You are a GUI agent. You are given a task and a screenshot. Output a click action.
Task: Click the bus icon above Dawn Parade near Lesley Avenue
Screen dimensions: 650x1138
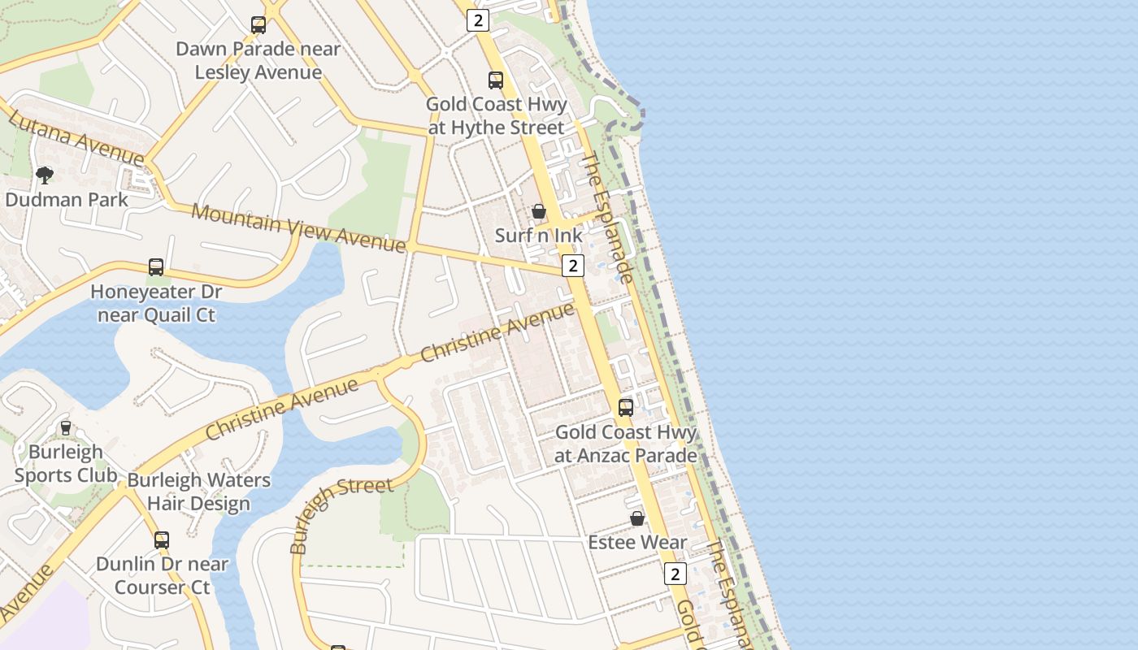tap(258, 25)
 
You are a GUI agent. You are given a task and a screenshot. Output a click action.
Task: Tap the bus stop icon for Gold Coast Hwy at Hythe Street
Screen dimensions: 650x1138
tap(496, 80)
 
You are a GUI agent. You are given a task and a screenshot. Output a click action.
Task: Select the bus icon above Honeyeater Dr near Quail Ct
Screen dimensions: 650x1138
tap(156, 267)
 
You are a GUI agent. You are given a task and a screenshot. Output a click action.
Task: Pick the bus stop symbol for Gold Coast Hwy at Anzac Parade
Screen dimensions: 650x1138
tap(626, 408)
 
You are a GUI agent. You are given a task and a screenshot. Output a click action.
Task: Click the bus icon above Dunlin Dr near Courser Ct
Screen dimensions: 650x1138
tap(162, 540)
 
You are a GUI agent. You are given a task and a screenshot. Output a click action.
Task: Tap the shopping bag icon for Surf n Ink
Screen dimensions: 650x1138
tap(539, 212)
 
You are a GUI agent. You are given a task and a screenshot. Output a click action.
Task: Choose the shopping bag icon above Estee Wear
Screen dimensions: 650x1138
tap(637, 518)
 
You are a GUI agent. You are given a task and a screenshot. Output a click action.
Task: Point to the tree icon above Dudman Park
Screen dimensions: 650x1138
tap(45, 175)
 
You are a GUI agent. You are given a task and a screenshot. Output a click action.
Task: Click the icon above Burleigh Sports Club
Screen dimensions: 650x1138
tap(66, 427)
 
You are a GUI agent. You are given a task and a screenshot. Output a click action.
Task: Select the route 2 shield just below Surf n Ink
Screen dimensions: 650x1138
tap(573, 266)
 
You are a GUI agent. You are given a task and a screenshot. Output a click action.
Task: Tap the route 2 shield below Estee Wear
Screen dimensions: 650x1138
tap(675, 574)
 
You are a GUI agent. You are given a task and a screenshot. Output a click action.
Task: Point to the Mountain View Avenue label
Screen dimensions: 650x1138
tap(298, 227)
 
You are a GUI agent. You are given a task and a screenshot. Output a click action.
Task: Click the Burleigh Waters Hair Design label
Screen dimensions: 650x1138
tap(199, 492)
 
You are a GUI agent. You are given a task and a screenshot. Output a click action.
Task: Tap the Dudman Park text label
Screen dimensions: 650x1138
tap(67, 200)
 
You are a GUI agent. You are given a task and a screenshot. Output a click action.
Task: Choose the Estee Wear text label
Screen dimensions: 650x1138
tap(638, 542)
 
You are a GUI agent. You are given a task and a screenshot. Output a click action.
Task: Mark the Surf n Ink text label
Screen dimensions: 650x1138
tap(539, 236)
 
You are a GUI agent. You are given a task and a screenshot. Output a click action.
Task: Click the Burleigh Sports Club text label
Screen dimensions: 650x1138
tap(66, 464)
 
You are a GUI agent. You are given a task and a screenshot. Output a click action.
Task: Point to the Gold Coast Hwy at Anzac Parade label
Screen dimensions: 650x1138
tap(626, 444)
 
